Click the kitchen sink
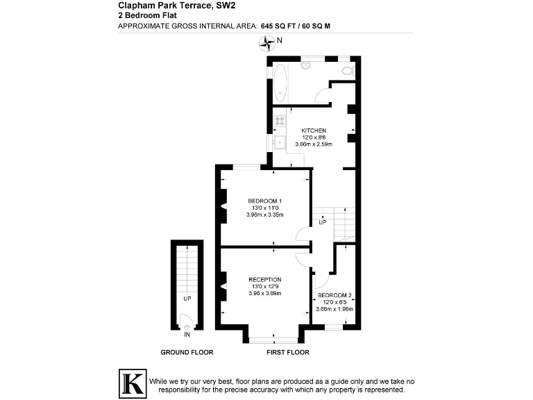280,143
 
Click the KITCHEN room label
314,131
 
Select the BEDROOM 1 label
264,201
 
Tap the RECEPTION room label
264,280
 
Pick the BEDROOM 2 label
335,296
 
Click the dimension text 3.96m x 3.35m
264,215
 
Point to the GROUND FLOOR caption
187,353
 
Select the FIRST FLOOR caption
287,353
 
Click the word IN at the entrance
187,334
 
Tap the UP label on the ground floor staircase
187,299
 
